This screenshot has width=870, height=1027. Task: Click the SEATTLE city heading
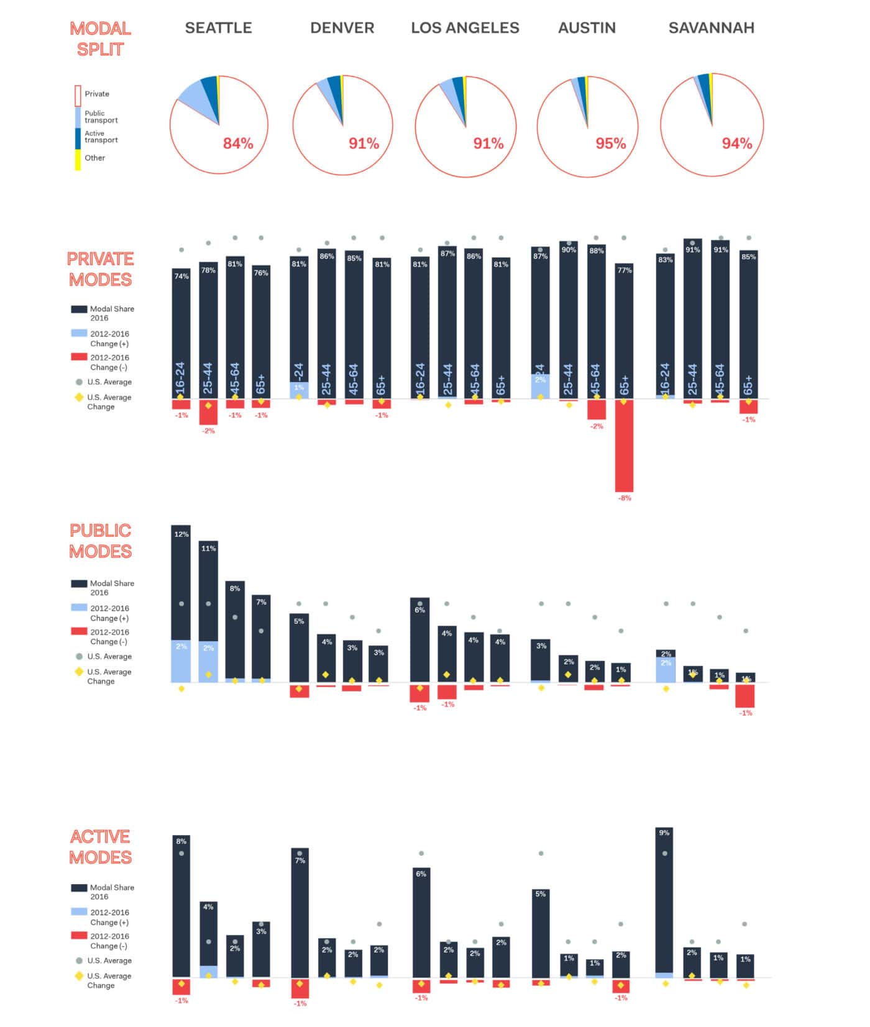tap(218, 28)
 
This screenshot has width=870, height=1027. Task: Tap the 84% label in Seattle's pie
tap(238, 144)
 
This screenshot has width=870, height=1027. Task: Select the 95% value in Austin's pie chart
tap(610, 144)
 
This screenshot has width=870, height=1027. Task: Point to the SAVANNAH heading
tap(711, 28)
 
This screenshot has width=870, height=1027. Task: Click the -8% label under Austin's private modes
tap(625, 498)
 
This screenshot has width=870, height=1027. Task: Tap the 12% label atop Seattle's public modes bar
tap(181, 534)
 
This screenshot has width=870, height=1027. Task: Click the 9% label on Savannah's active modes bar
tap(664, 833)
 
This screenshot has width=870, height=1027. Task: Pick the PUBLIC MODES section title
tap(100, 541)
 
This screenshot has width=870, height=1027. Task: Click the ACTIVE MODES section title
tap(100, 846)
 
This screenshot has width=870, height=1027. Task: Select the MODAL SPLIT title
tap(100, 39)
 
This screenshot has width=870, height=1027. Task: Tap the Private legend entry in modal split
tap(96, 94)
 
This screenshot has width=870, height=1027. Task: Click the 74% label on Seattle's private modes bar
tap(181, 276)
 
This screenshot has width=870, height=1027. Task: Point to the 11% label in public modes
tap(208, 549)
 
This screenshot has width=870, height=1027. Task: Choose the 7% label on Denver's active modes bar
tap(300, 860)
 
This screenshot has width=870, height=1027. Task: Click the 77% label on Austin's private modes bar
tap(625, 270)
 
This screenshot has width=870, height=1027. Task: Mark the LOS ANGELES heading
tap(465, 28)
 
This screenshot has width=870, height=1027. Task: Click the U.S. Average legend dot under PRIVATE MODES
tap(79, 382)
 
